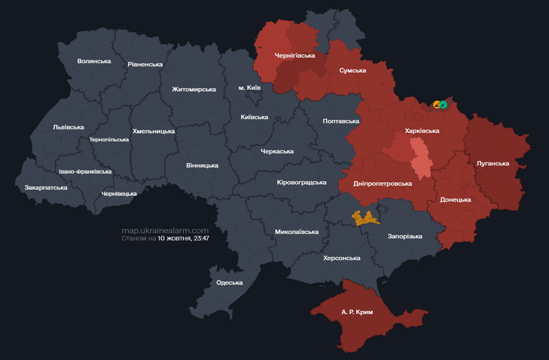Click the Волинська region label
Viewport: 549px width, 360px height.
click(x=94, y=61)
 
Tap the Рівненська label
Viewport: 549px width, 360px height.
click(x=145, y=64)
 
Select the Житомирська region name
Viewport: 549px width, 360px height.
click(x=194, y=89)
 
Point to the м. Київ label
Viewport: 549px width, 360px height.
click(x=249, y=88)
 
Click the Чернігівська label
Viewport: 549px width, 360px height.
click(x=294, y=55)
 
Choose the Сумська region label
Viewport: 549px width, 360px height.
click(x=353, y=70)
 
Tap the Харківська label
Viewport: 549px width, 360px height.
click(x=422, y=131)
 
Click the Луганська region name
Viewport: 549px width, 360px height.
click(x=492, y=163)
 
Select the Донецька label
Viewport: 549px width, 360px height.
click(x=455, y=199)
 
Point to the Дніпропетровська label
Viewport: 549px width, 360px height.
click(x=383, y=183)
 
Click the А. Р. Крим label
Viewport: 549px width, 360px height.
click(x=357, y=312)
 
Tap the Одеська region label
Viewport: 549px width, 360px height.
click(x=229, y=282)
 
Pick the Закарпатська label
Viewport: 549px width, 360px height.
click(x=46, y=187)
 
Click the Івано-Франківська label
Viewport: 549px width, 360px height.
click(x=85, y=172)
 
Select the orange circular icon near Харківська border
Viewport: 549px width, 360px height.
click(x=436, y=105)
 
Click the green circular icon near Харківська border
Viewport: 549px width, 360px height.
click(x=443, y=105)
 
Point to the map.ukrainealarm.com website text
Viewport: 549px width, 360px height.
click(x=165, y=231)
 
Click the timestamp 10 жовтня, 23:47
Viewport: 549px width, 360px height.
click(x=183, y=238)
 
